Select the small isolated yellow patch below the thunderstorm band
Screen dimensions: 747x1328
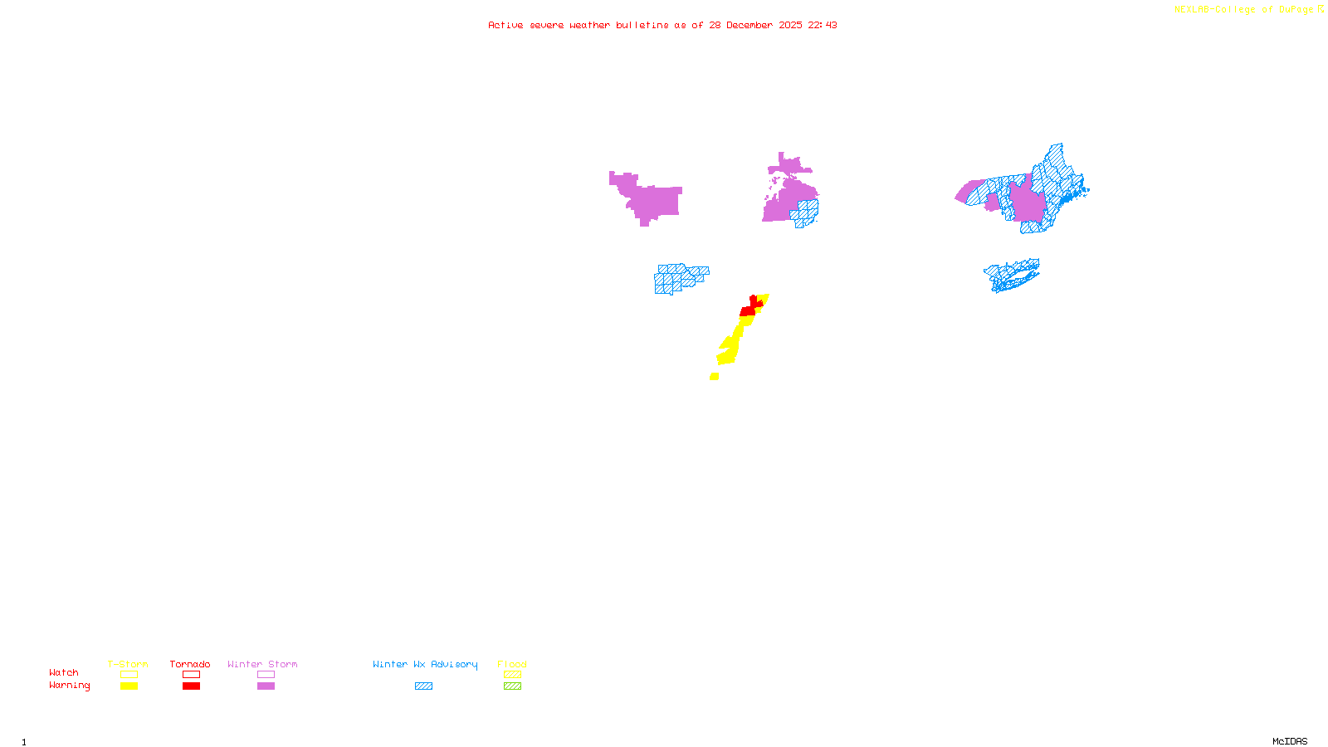click(714, 377)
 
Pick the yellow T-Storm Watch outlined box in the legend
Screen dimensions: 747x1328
click(129, 675)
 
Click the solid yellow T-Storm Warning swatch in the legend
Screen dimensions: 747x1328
click(129, 686)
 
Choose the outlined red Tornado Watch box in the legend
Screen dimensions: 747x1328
click(191, 675)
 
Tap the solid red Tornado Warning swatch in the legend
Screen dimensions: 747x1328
click(191, 686)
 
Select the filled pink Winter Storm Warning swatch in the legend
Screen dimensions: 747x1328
click(266, 686)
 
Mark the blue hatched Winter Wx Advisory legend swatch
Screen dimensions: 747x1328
click(423, 686)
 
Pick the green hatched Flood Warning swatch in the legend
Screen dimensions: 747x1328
click(512, 686)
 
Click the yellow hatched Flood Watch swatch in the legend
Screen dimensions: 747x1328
click(512, 675)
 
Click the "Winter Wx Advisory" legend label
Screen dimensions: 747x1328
click(425, 664)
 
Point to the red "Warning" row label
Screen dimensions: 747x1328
click(69, 686)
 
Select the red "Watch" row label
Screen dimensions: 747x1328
click(63, 673)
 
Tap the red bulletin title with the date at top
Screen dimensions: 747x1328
click(662, 25)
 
